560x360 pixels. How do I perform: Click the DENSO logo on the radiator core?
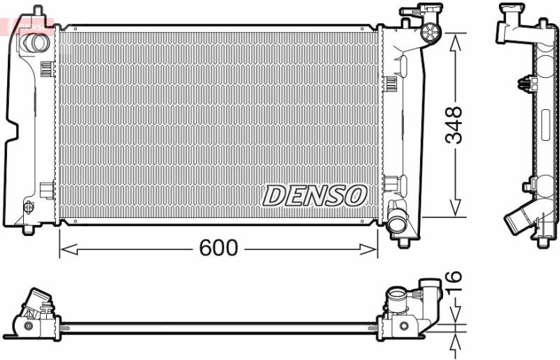tap(315, 195)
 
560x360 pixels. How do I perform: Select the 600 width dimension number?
tap(218, 248)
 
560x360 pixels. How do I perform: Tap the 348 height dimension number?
tap(454, 125)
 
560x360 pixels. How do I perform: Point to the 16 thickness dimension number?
tap(454, 283)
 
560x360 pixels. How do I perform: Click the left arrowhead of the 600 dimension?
tap(68, 249)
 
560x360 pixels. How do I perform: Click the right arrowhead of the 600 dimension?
tap(368, 249)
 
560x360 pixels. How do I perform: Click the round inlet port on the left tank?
tap(34, 43)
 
